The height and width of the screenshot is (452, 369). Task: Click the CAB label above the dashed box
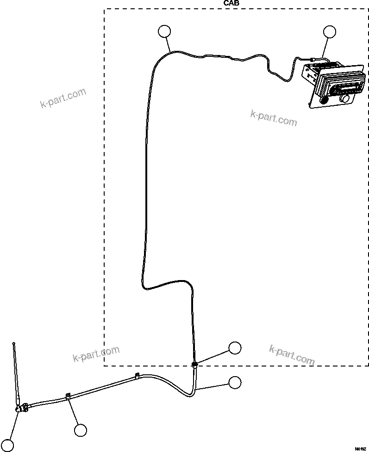point(231,3)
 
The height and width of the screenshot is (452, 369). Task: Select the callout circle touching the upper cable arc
point(164,31)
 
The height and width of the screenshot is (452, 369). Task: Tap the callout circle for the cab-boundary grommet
point(235,348)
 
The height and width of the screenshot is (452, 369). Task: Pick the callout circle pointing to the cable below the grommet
point(235,382)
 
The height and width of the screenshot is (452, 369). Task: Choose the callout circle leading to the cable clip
point(81,430)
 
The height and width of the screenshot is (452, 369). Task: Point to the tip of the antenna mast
point(14,343)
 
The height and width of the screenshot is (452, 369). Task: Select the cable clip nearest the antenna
point(68,396)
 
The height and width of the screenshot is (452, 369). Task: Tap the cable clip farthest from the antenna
point(137,375)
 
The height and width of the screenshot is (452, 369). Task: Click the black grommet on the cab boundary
point(194,364)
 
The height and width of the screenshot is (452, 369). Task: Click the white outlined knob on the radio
point(345,98)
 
